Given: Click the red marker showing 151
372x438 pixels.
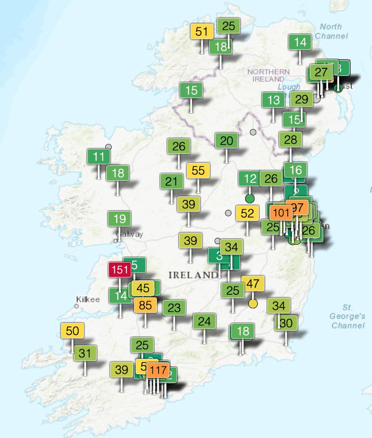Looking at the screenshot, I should coord(120,270).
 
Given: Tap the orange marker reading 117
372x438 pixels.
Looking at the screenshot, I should coord(158,370).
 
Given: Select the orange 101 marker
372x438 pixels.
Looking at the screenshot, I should coord(281,212).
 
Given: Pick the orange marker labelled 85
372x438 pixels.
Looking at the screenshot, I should coord(145,305).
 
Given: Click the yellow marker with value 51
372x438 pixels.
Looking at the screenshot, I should coord(202,31).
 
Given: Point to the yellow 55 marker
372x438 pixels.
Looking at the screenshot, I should coord(198,170).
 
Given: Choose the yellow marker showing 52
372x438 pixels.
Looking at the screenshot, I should coord(247,213).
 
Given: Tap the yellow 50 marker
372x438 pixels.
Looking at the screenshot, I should coord(73,331).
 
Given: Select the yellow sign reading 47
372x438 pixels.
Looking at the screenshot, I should coord(253,283).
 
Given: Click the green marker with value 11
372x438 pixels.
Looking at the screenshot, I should coord(99,157).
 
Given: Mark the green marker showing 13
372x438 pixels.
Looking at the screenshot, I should coord(274,100).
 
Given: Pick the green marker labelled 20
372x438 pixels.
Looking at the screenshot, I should coord(226,141).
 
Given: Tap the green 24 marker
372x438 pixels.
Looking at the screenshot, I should coord(204,321).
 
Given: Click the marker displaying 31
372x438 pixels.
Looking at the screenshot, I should coord(85,353).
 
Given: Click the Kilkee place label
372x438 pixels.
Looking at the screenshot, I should coord(88,300).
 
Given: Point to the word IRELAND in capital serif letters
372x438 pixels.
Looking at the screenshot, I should coord(193,275).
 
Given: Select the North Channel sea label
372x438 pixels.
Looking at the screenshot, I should coord(331,31).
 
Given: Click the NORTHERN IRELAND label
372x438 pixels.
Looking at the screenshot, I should coord(268,75).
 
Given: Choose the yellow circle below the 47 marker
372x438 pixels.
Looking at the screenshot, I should coord(253,303).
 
